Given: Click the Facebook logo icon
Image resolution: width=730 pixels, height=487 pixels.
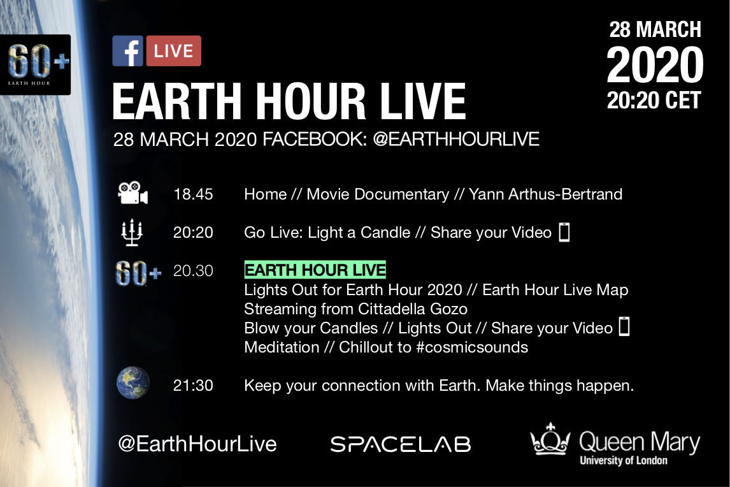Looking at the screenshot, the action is pos(127,51).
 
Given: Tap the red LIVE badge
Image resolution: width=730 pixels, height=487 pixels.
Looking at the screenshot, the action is pos(174,51).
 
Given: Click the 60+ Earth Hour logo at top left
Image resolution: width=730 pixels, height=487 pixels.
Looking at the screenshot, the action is pos(36,65).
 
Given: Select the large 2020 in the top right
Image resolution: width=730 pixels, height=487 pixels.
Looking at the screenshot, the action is pos(655,65).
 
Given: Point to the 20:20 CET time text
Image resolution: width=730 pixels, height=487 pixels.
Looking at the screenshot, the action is pos(654,101).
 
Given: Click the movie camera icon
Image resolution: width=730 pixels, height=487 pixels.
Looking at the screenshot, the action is pos(132,193).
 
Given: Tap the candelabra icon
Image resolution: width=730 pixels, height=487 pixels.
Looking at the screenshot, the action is pos(132,232).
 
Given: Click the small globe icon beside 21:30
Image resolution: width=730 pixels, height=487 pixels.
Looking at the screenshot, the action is pos(133,383).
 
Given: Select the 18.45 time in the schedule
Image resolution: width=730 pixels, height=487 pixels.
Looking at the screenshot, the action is pos(193,194).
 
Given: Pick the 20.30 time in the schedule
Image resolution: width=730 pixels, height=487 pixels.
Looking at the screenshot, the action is pos(193,271).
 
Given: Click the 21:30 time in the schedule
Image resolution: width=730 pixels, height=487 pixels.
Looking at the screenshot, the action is pos(193,386).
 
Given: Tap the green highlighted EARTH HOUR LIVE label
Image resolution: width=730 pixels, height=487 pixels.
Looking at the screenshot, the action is pos(315,270).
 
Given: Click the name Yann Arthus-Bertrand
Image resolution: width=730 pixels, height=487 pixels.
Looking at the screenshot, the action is pos(545,194).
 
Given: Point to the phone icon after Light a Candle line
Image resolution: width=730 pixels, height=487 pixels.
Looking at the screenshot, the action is pos(564,232).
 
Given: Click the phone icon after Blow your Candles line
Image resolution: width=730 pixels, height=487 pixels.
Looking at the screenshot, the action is pos(624,326).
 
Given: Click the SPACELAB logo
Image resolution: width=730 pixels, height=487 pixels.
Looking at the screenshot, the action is pos(401,444).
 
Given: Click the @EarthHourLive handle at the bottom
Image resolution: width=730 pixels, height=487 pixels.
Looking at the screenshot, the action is pos(197,444).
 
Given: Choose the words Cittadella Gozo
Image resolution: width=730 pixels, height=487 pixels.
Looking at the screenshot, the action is pos(413,309).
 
